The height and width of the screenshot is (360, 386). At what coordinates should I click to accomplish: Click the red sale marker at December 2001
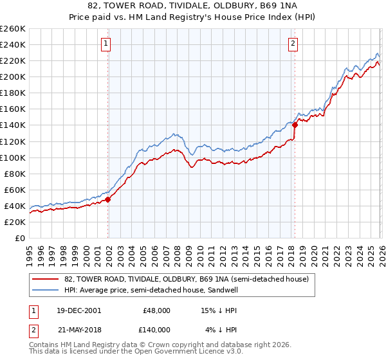coord(107,199)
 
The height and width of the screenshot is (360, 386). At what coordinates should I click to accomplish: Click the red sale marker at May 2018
coord(295,125)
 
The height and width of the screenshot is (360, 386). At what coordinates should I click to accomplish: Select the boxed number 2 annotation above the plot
coord(293,44)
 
